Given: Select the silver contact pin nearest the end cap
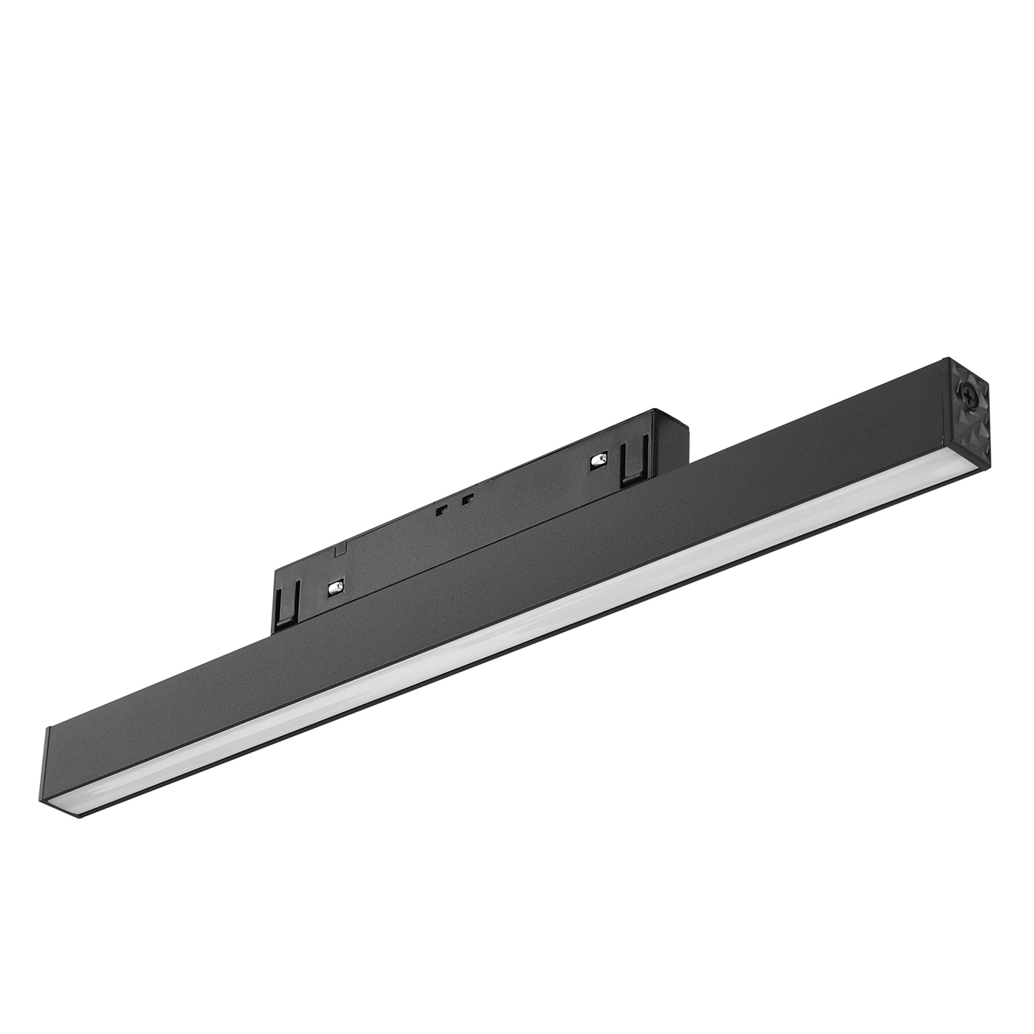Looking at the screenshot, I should click(598, 460).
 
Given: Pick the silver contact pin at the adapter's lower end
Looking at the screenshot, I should click(335, 587).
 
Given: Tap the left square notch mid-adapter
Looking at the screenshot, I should click(440, 511).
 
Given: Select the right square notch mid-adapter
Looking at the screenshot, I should click(468, 498).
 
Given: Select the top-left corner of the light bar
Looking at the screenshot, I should click(48, 729).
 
